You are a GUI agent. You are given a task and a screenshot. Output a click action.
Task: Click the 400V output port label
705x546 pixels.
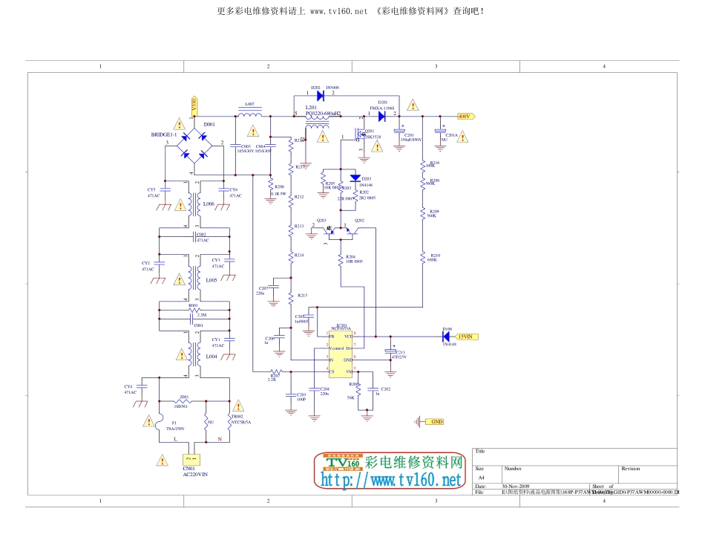pos(465,117)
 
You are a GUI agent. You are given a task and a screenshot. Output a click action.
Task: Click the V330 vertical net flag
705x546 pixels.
pos(194,105)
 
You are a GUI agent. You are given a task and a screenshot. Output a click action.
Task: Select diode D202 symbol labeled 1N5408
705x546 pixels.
pos(320,94)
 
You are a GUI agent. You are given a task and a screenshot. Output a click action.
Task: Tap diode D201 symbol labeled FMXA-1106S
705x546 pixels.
pos(382,116)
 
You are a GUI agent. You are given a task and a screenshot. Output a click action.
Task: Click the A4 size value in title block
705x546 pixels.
pos(481,478)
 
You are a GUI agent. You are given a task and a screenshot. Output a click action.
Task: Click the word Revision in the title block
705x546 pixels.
pos(630,469)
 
